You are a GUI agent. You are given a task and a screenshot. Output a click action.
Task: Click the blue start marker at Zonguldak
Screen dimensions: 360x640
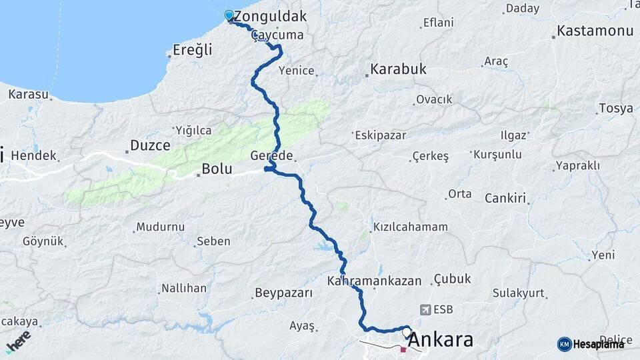click(229, 15)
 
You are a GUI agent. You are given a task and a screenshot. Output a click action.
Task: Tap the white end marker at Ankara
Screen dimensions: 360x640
click(407, 331)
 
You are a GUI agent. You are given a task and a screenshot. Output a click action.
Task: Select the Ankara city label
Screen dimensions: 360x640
click(440, 340)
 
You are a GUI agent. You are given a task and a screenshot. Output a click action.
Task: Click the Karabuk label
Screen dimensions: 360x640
click(398, 69)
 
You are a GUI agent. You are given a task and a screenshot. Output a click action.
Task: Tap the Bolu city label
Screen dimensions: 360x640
click(217, 169)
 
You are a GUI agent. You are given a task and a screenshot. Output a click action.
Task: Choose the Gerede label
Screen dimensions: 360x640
click(271, 155)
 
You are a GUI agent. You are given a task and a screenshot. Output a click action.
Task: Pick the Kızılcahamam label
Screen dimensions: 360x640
click(411, 227)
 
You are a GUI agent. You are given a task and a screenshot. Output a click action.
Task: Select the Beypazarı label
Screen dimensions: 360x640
click(283, 293)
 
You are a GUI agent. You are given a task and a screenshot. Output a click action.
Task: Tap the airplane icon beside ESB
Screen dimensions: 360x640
click(425, 309)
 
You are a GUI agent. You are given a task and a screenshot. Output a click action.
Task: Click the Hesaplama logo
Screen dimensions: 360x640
click(591, 344)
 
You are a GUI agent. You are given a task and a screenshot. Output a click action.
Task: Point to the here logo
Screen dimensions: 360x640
click(19, 342)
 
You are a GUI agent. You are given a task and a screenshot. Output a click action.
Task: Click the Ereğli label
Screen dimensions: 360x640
click(192, 50)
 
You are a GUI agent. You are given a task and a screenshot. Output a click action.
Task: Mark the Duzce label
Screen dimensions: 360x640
click(150, 145)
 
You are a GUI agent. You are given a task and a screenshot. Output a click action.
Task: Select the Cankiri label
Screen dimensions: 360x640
click(505, 198)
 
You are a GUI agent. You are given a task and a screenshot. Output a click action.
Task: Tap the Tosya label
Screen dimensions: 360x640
click(615, 109)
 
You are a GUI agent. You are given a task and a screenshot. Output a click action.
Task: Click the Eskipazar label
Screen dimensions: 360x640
click(381, 135)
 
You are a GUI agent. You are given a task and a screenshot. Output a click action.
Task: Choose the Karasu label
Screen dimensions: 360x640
click(29, 94)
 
